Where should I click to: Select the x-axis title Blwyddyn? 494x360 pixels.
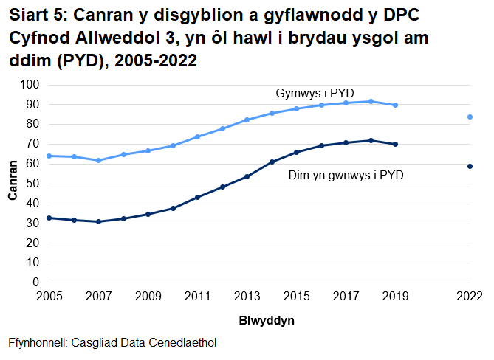coord(267,322)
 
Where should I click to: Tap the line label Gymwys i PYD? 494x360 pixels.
coord(315,94)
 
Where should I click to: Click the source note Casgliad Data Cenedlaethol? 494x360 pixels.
coord(112,344)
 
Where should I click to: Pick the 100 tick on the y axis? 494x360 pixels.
coord(30,85)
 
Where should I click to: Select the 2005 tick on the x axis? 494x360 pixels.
coord(48,297)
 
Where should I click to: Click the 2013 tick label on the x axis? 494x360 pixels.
coord(247,297)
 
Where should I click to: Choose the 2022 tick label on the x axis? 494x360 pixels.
coord(470,297)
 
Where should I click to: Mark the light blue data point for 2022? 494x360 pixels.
coord(470,117)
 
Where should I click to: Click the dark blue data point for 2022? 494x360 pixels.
coord(470,166)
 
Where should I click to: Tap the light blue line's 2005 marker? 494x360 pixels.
coord(49,156)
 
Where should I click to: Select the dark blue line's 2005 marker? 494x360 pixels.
coord(49,218)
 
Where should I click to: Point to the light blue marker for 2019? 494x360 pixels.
coord(396,105)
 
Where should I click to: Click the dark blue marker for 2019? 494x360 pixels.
coord(396,144)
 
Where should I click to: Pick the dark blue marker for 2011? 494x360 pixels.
coord(197,197)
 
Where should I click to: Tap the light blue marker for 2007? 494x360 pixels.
coord(98,160)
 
